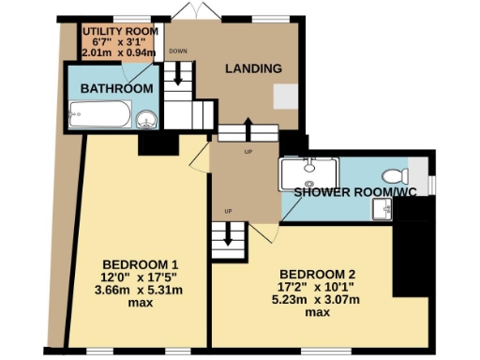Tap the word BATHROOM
pyautogui.click(x=116, y=88)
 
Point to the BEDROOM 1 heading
pyautogui.click(x=141, y=262)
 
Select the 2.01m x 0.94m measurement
pyautogui.click(x=116, y=53)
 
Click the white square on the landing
pyautogui.click(x=284, y=97)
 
